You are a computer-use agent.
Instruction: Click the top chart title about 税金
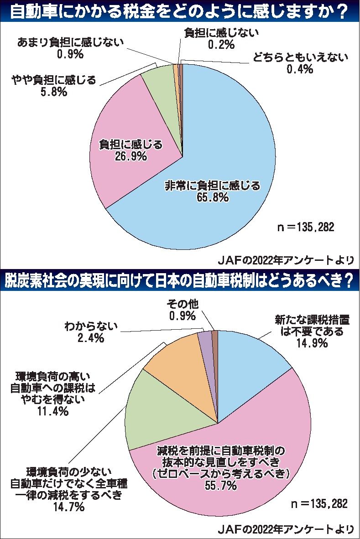(180, 10)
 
